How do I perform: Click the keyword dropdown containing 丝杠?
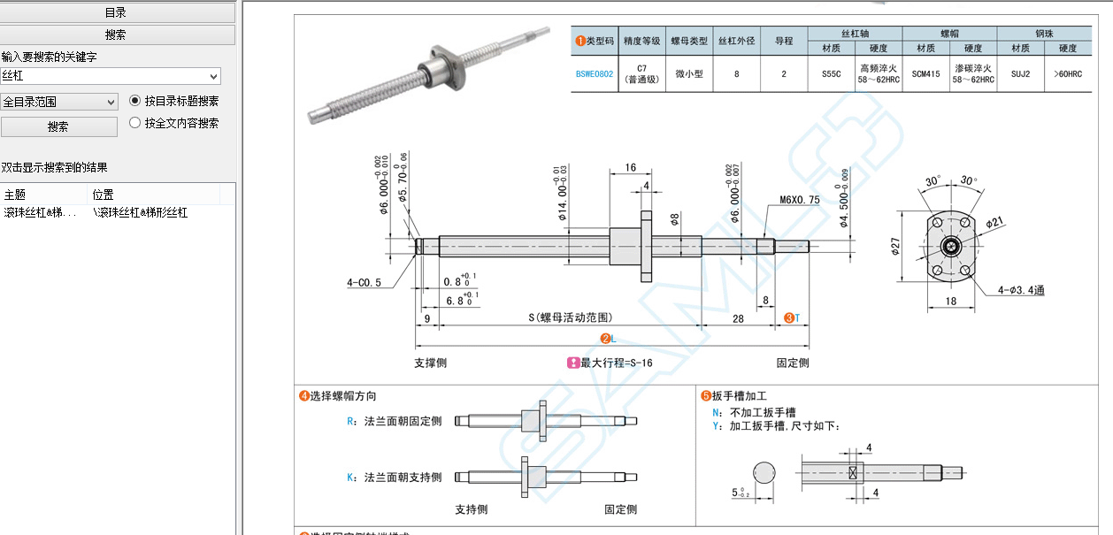(x=111, y=76)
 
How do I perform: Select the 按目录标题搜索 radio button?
(x=135, y=101)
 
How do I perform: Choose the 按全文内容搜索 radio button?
(x=135, y=123)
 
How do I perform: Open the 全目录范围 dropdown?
(x=59, y=102)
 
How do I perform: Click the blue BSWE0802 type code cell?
(x=594, y=74)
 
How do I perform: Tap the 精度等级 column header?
(x=642, y=41)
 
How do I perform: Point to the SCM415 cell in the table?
(x=925, y=74)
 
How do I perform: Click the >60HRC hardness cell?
(x=1067, y=74)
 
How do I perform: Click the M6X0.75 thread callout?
(x=799, y=200)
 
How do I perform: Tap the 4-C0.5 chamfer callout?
(x=365, y=283)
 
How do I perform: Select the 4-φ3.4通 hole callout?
(x=1020, y=290)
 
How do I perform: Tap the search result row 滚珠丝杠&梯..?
(x=41, y=213)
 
